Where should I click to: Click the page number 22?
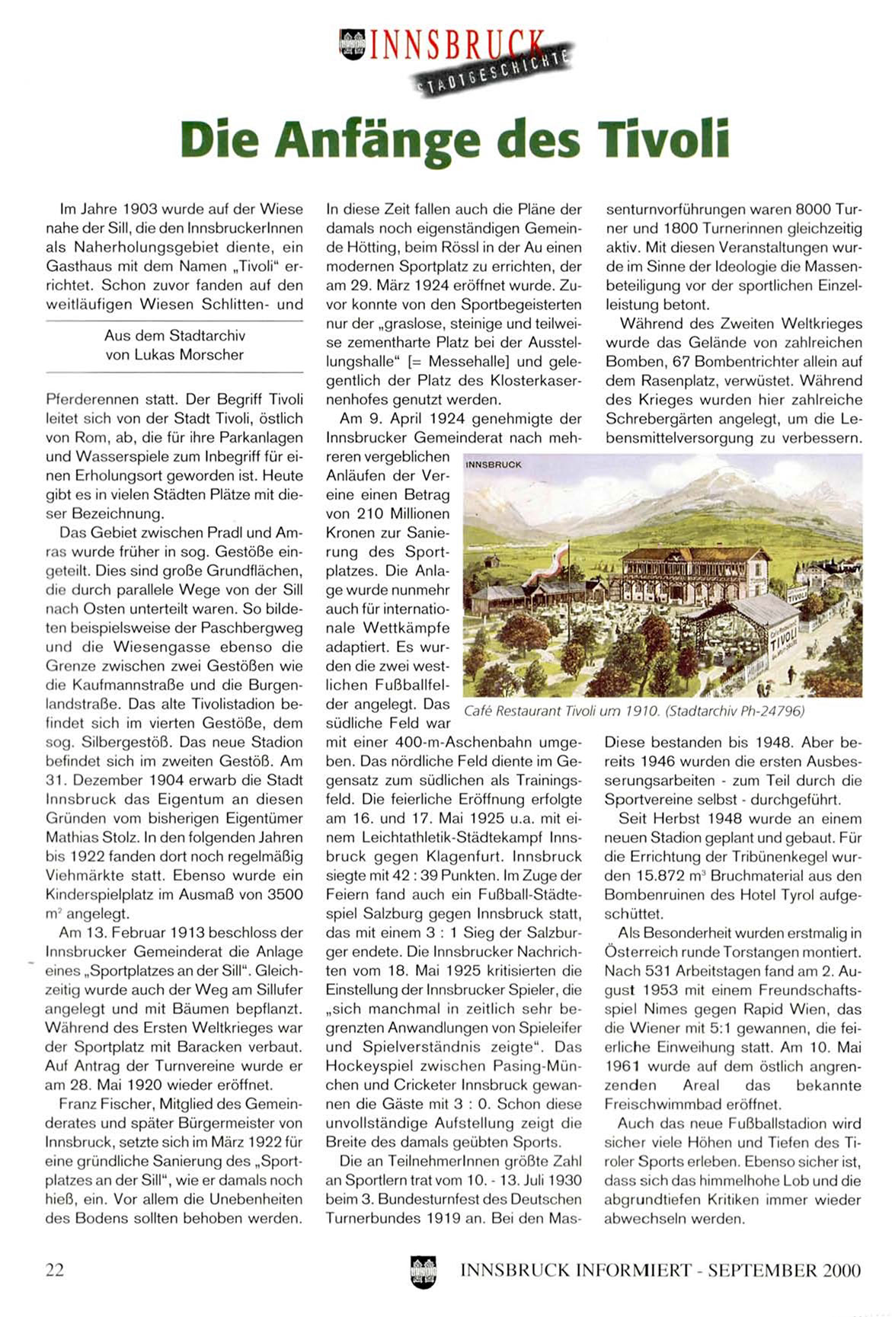[55, 1270]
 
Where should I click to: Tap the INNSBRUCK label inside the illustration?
[494, 464]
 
